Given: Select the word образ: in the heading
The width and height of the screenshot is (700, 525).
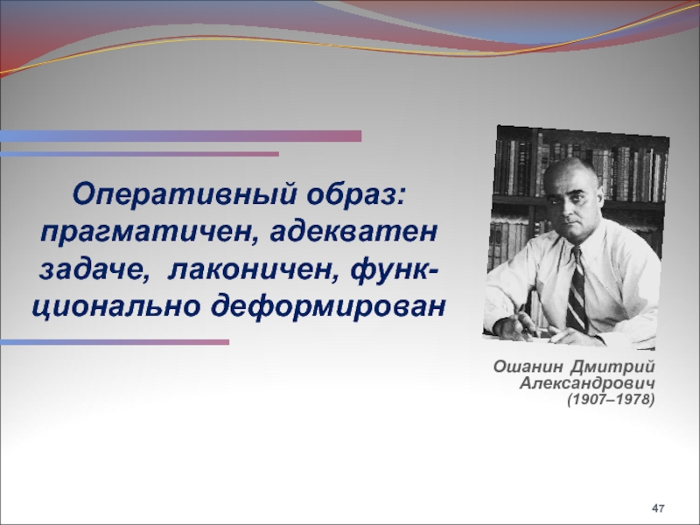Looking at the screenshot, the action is point(357,194).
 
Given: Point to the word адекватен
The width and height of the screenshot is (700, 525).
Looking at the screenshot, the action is point(353,231).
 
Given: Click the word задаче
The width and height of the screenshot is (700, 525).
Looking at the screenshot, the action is point(94,270).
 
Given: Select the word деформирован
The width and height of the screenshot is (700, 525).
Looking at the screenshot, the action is point(328,307).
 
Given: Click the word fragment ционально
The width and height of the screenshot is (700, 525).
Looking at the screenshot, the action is point(116,307).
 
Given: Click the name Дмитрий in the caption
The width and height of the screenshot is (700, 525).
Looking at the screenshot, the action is point(612,367).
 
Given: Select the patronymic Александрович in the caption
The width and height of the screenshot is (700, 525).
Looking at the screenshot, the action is point(587,383).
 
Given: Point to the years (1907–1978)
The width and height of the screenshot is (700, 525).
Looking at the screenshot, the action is point(611,399).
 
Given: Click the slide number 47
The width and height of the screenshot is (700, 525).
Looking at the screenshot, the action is point(658,508).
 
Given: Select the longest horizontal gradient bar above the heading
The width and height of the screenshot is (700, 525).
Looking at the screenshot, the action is point(180,136).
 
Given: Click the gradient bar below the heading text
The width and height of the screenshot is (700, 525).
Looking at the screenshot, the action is point(115,342).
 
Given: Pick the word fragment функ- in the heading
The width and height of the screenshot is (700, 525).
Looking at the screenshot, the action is point(395,269).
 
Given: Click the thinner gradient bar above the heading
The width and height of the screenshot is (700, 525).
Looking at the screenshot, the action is point(139,154).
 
